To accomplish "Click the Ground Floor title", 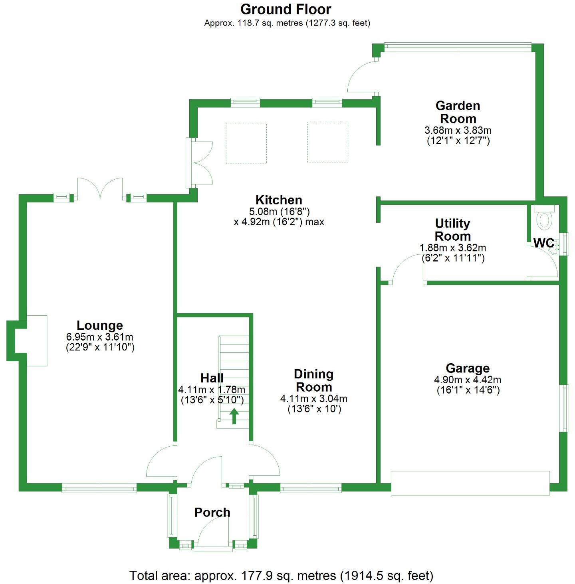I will pyautogui.click(x=286, y=9).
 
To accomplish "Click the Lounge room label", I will pyautogui.click(x=100, y=325).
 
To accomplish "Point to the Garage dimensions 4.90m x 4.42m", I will pyautogui.click(x=468, y=380).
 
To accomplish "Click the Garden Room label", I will pyautogui.click(x=458, y=112).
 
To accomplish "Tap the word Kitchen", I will pyautogui.click(x=279, y=200).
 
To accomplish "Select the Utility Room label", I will pyautogui.click(x=452, y=230).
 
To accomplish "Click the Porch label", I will pyautogui.click(x=212, y=512).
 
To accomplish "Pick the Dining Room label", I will pyautogui.click(x=314, y=380).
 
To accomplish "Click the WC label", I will pyautogui.click(x=543, y=243).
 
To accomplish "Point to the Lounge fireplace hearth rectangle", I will pyautogui.click(x=37, y=341).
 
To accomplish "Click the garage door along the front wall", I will pyautogui.click(x=470, y=483).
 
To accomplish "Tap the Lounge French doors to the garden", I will pyautogui.click(x=100, y=190).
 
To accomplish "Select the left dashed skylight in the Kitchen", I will pyautogui.click(x=246, y=143).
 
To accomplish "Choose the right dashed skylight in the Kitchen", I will pyautogui.click(x=327, y=142).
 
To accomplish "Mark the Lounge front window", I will pyautogui.click(x=99, y=488).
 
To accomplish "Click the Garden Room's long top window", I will pyautogui.click(x=458, y=46).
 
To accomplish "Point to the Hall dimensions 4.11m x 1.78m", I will pyautogui.click(x=212, y=390).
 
